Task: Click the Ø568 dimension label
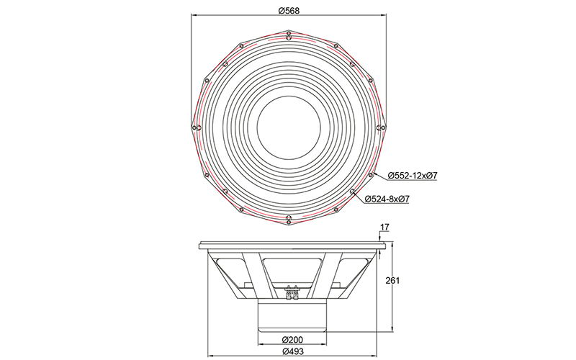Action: coord(289,11)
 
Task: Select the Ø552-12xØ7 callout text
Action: coord(413,176)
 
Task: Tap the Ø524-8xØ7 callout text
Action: coord(387,199)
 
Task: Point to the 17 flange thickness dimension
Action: coord(384,228)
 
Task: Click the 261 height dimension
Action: coord(392,281)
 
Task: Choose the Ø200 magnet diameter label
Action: coord(292,339)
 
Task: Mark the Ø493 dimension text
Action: coord(293,351)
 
